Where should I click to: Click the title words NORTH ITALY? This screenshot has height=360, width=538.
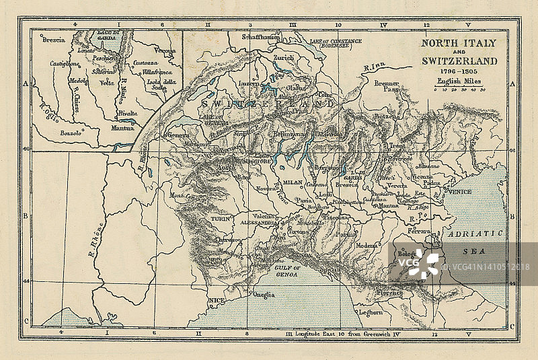tap(459, 43)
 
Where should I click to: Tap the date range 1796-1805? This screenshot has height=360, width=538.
tap(459, 71)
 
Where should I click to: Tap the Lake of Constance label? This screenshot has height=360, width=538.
tap(336, 42)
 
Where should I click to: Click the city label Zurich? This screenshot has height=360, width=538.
tap(283, 58)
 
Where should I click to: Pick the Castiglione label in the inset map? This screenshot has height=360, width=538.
tap(65, 63)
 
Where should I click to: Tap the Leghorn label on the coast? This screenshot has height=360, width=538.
tap(371, 312)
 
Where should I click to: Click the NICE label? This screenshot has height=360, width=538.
tap(217, 300)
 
